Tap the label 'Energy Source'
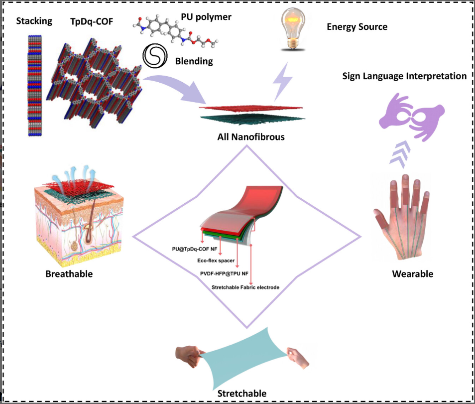point(356,26)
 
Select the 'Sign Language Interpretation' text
point(404,76)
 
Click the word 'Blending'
point(194,61)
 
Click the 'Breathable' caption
point(69,274)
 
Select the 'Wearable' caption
point(412,274)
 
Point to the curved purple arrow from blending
point(174,85)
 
